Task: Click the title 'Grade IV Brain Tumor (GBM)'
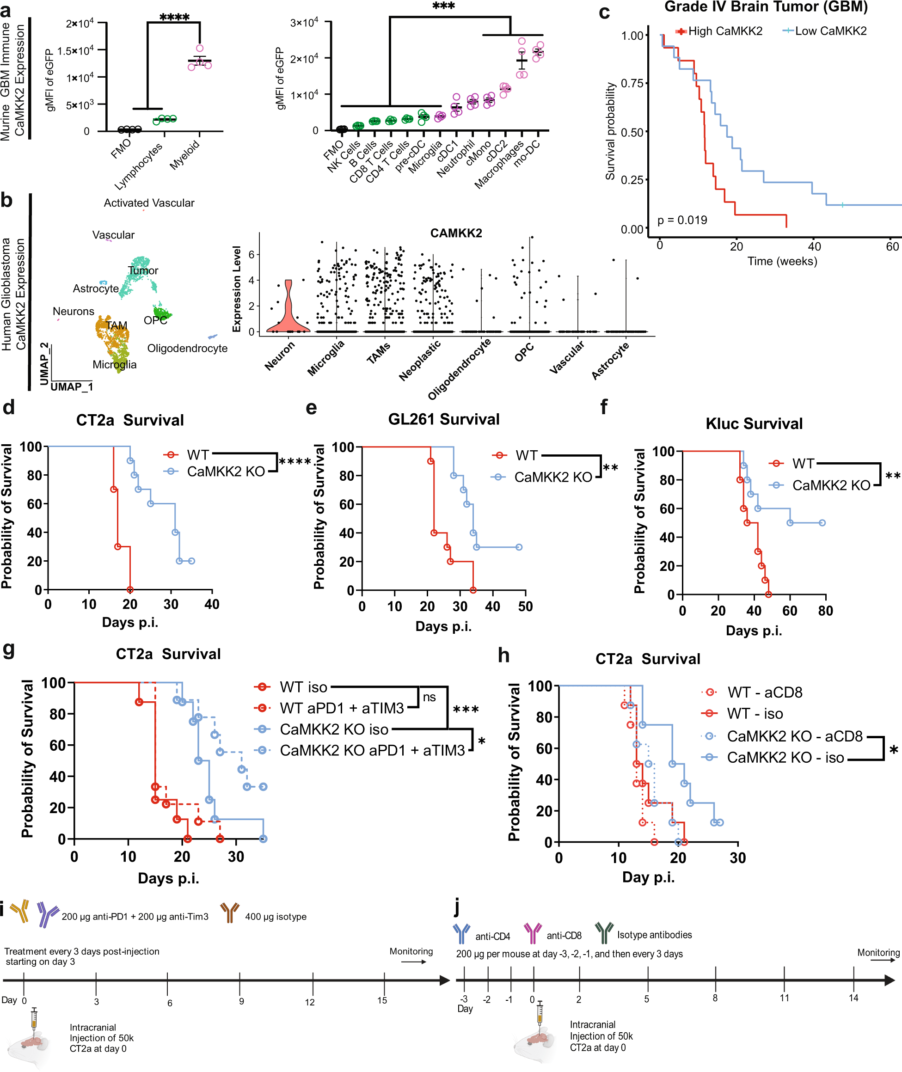coord(766,7)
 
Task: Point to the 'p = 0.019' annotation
coord(682,221)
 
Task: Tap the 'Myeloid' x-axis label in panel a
coord(184,155)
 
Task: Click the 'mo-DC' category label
coord(527,153)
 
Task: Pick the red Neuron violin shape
coord(288,312)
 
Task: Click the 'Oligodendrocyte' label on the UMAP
coord(187,348)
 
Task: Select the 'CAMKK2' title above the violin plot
coord(455,233)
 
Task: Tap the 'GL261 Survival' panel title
coord(443,419)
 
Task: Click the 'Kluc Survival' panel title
coord(754,423)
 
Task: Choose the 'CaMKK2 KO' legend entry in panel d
coord(226,472)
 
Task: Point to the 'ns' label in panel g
coord(429,697)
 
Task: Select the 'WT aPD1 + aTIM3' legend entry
coord(341,708)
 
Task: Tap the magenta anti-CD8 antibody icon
coord(532,933)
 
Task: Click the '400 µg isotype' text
coord(276,917)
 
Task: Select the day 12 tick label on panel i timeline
coord(310,1002)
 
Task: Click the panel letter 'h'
coord(503,655)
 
